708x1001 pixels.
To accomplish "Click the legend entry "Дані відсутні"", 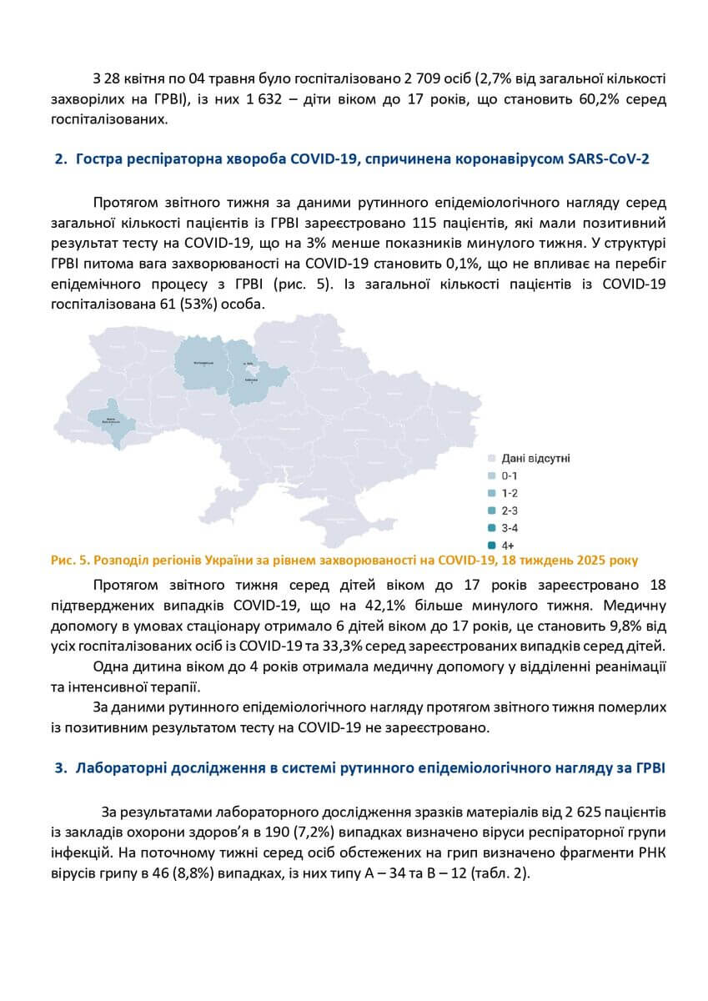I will coord(535,458).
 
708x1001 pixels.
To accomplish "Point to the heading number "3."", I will coord(61,768).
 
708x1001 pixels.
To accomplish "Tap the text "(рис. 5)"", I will coord(305,284).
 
